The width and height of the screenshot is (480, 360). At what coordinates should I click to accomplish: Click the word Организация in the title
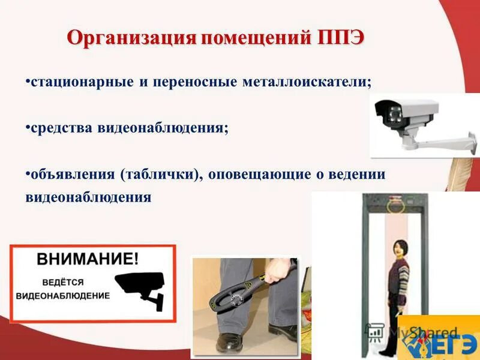(x=131, y=37)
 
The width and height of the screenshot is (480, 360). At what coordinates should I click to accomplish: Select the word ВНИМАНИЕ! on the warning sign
(x=88, y=259)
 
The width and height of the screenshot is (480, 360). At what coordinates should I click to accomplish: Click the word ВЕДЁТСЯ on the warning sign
(x=63, y=282)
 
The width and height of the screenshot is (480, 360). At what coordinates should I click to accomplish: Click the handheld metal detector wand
(x=231, y=295)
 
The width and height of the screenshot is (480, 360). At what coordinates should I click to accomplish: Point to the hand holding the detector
(x=278, y=270)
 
